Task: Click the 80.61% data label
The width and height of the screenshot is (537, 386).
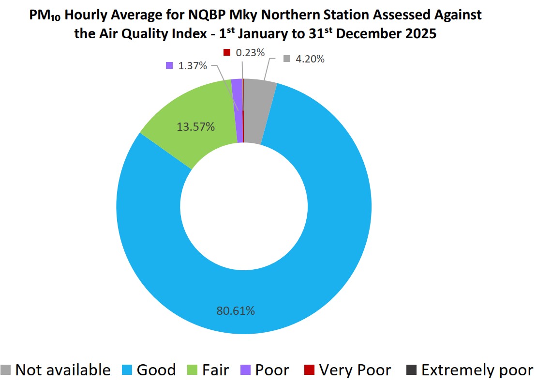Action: click(x=236, y=310)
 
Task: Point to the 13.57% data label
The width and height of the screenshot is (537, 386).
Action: click(x=196, y=127)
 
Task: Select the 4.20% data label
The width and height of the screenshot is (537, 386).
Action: click(x=310, y=59)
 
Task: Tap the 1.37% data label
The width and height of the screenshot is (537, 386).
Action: click(x=193, y=65)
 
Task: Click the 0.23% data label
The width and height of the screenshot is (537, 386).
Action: click(x=250, y=52)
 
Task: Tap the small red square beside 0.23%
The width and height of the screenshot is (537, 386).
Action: click(x=226, y=52)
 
